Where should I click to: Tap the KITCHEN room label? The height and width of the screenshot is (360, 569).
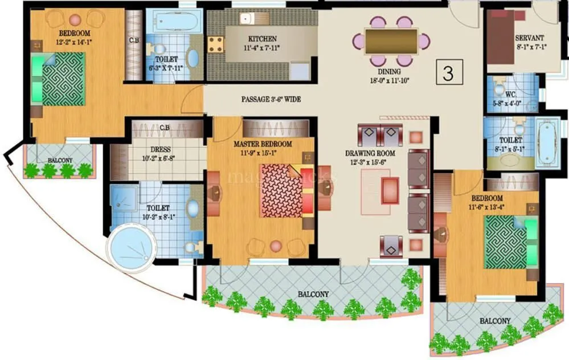tap(263, 39)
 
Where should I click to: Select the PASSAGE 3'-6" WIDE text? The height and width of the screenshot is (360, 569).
tap(271, 99)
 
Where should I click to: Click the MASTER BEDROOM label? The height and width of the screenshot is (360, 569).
tap(263, 144)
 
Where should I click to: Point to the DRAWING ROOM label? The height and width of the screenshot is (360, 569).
tap(370, 153)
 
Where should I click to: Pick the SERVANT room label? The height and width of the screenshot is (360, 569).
tap(529, 38)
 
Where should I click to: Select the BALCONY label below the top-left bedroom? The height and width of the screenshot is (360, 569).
tap(60, 161)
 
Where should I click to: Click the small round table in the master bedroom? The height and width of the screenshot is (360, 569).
tap(276, 246)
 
